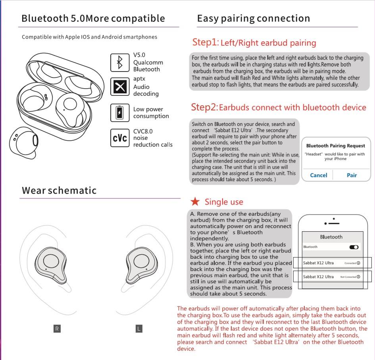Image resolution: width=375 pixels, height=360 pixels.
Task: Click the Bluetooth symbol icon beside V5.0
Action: (119, 62)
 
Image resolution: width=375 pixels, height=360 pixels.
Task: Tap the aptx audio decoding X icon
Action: (119, 87)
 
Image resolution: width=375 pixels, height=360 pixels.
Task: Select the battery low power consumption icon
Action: (119, 113)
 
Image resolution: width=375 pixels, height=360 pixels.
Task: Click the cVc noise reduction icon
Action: (119, 138)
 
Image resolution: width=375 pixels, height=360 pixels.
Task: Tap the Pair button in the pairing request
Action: (352, 175)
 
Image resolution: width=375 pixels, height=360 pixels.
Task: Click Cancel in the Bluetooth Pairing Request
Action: (318, 175)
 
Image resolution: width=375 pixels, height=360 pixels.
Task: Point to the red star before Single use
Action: (195, 201)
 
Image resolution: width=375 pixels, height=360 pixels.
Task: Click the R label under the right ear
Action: (57, 329)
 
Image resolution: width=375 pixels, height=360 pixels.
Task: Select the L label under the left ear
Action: (139, 329)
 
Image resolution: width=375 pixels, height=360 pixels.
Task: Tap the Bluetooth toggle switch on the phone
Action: (354, 247)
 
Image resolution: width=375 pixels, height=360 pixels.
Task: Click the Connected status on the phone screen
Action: (352, 263)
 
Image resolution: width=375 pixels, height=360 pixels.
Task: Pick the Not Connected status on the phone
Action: (350, 277)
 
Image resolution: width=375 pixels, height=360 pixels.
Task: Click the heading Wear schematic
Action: (59, 190)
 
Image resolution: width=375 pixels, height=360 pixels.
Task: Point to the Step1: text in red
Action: (205, 42)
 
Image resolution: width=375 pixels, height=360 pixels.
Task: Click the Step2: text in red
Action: (204, 107)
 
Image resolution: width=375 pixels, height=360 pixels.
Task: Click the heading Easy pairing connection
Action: (253, 18)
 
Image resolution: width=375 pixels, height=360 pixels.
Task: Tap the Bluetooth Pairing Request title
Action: (335, 146)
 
